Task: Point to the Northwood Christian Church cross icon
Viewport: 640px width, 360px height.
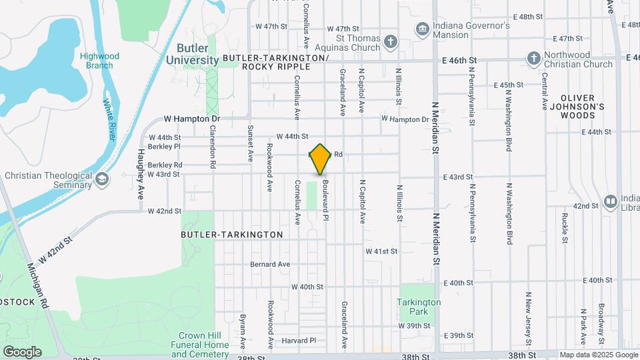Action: pos(533,59)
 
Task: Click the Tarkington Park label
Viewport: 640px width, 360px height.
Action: pos(419,307)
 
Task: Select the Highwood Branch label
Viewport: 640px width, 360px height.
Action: pos(96,61)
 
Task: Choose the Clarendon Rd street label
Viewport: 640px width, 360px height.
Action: pos(213,146)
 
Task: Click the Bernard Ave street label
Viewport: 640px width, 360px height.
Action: pos(270,264)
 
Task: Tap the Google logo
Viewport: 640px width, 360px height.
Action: pos(22,351)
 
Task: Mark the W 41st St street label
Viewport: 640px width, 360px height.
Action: pos(381,251)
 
